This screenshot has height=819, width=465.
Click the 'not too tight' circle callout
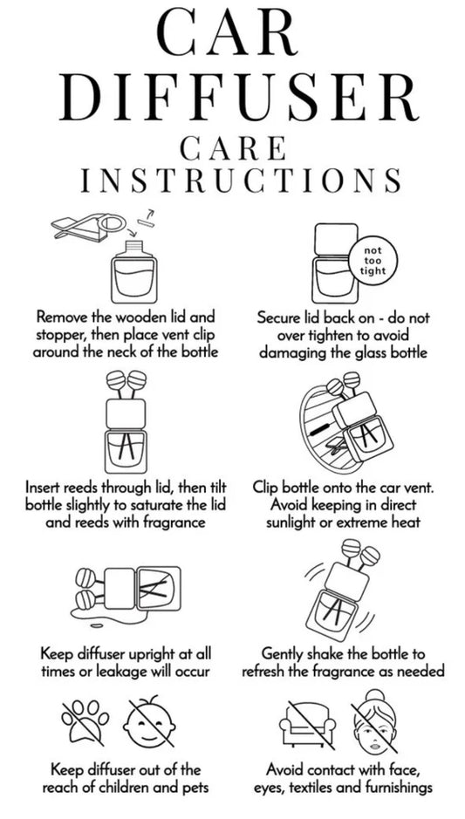[373, 261]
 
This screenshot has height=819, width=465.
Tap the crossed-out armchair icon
[308, 722]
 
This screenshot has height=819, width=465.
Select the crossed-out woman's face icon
[375, 720]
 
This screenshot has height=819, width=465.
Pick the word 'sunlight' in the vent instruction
[292, 522]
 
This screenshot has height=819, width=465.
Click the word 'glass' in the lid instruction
[356, 352]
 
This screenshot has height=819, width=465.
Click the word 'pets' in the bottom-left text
[195, 787]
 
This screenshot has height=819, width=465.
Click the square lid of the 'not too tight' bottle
[336, 239]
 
